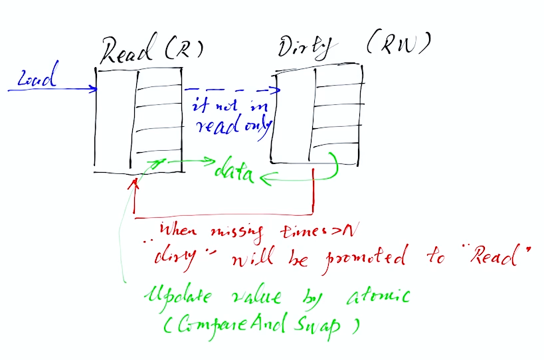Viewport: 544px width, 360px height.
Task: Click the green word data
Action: [x=234, y=174]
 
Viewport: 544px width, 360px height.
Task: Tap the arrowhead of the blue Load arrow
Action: [x=94, y=88]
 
